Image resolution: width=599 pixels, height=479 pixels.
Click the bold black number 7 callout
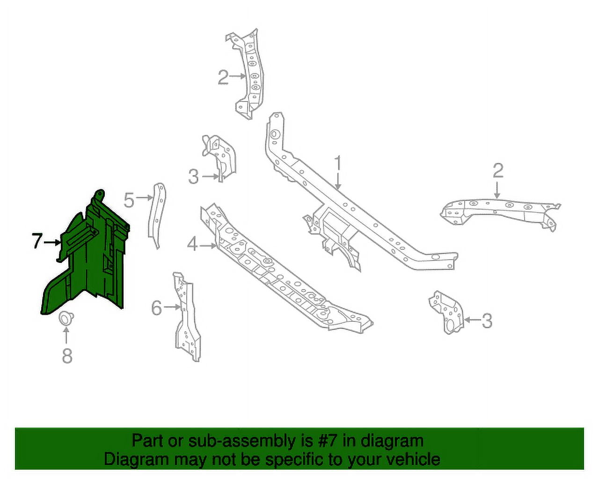pos(37,241)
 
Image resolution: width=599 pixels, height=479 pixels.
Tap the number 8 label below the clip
pos(67,356)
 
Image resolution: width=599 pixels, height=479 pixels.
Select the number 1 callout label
pos(338,164)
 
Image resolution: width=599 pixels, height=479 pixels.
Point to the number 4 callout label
pos(192,244)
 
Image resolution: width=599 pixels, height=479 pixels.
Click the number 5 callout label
pos(129,200)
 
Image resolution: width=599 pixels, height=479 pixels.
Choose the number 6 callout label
pos(157,308)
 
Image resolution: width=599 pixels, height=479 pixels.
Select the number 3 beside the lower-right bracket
pos(487,321)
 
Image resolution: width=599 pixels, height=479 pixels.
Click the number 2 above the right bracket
pos(497,171)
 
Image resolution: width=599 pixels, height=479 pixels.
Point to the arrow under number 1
pos(338,182)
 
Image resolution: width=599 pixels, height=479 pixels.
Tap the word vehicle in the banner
pos(409,459)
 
